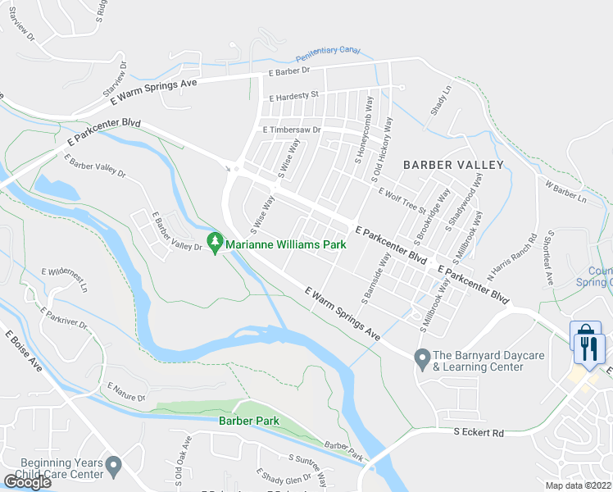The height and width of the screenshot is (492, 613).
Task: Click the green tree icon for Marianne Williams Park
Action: tap(216, 242)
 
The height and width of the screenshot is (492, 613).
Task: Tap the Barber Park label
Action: tap(248, 421)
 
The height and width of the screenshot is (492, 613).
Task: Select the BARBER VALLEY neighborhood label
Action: tap(453, 165)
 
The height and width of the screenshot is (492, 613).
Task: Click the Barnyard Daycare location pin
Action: tap(422, 358)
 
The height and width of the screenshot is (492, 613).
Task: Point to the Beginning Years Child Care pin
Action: tap(114, 467)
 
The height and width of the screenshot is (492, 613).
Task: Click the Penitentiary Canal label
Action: tap(328, 52)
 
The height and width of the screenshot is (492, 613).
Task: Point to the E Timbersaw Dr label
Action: tap(292, 130)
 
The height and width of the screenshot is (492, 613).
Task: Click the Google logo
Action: tap(26, 482)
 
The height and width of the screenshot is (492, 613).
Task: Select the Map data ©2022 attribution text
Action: tap(579, 485)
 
